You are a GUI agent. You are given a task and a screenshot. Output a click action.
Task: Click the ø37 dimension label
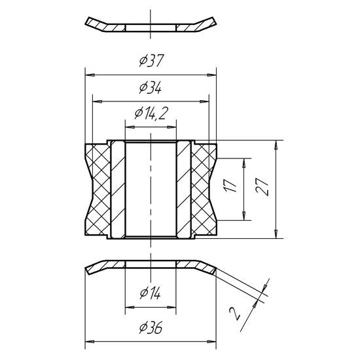151,61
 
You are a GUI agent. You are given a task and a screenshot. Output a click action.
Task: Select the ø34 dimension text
151,89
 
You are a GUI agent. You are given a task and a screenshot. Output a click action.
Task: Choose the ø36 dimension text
151,330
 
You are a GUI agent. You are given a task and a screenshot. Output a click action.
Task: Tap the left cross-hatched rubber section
97,190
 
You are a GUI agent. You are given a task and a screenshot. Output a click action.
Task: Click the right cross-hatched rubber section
204,190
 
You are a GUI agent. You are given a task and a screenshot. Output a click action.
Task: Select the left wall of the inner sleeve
117,190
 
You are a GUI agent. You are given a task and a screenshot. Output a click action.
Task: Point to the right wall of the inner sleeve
184,190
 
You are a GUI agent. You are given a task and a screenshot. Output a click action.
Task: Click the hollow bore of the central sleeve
151,190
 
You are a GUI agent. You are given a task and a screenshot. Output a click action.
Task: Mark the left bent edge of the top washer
98,24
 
